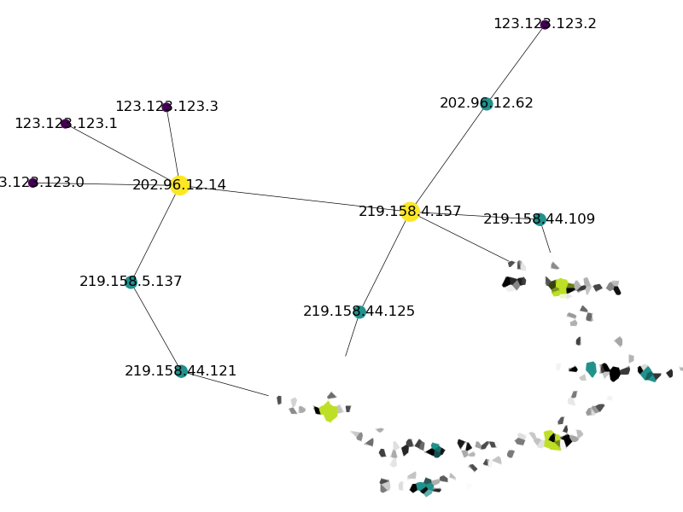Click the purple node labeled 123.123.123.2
point(545,24)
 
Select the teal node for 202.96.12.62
point(487,103)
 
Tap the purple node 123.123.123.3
point(166,107)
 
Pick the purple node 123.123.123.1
point(66,124)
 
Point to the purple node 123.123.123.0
point(32,183)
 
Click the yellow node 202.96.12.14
point(179,185)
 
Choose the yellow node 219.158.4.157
point(410,212)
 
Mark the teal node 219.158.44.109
point(540,219)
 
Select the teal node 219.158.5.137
point(131,282)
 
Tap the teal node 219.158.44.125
point(359,311)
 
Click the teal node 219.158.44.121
point(181,371)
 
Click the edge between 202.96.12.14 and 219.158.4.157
point(295,198)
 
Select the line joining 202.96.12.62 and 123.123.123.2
point(516,64)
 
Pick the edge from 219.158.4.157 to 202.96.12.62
point(448,158)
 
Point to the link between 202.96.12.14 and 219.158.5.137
point(155,234)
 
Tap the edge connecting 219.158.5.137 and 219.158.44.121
point(155,327)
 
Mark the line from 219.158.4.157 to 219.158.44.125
point(385,261)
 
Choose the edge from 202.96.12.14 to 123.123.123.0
point(106,183)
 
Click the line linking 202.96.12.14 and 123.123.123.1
point(122,154)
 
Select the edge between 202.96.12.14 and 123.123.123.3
point(172,146)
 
